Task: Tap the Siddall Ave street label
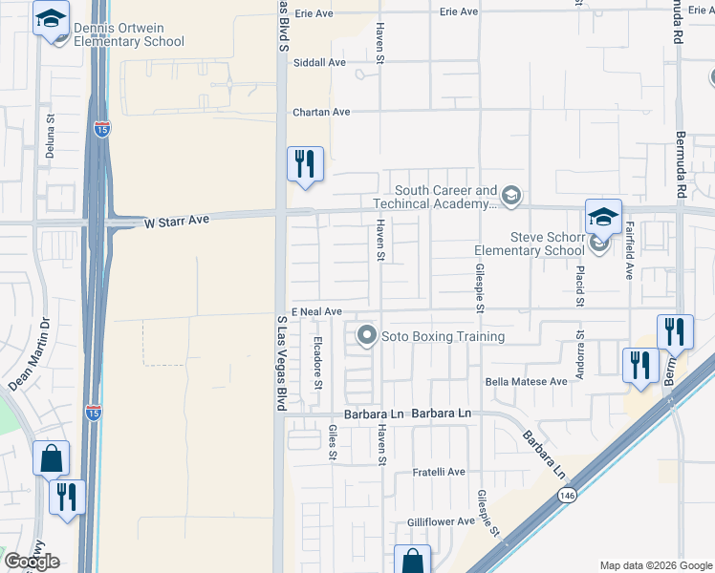(x=323, y=62)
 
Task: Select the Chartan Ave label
(x=321, y=112)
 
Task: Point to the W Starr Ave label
(x=176, y=221)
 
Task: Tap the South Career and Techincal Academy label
(x=445, y=198)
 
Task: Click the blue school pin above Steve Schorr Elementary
(x=603, y=218)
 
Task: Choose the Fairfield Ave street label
(x=630, y=250)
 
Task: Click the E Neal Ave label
(x=316, y=312)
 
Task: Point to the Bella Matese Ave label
(x=527, y=381)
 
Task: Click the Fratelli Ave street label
(x=438, y=472)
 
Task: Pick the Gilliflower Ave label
(x=441, y=521)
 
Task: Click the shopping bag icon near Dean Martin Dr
(x=51, y=458)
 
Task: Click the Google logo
(x=32, y=562)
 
